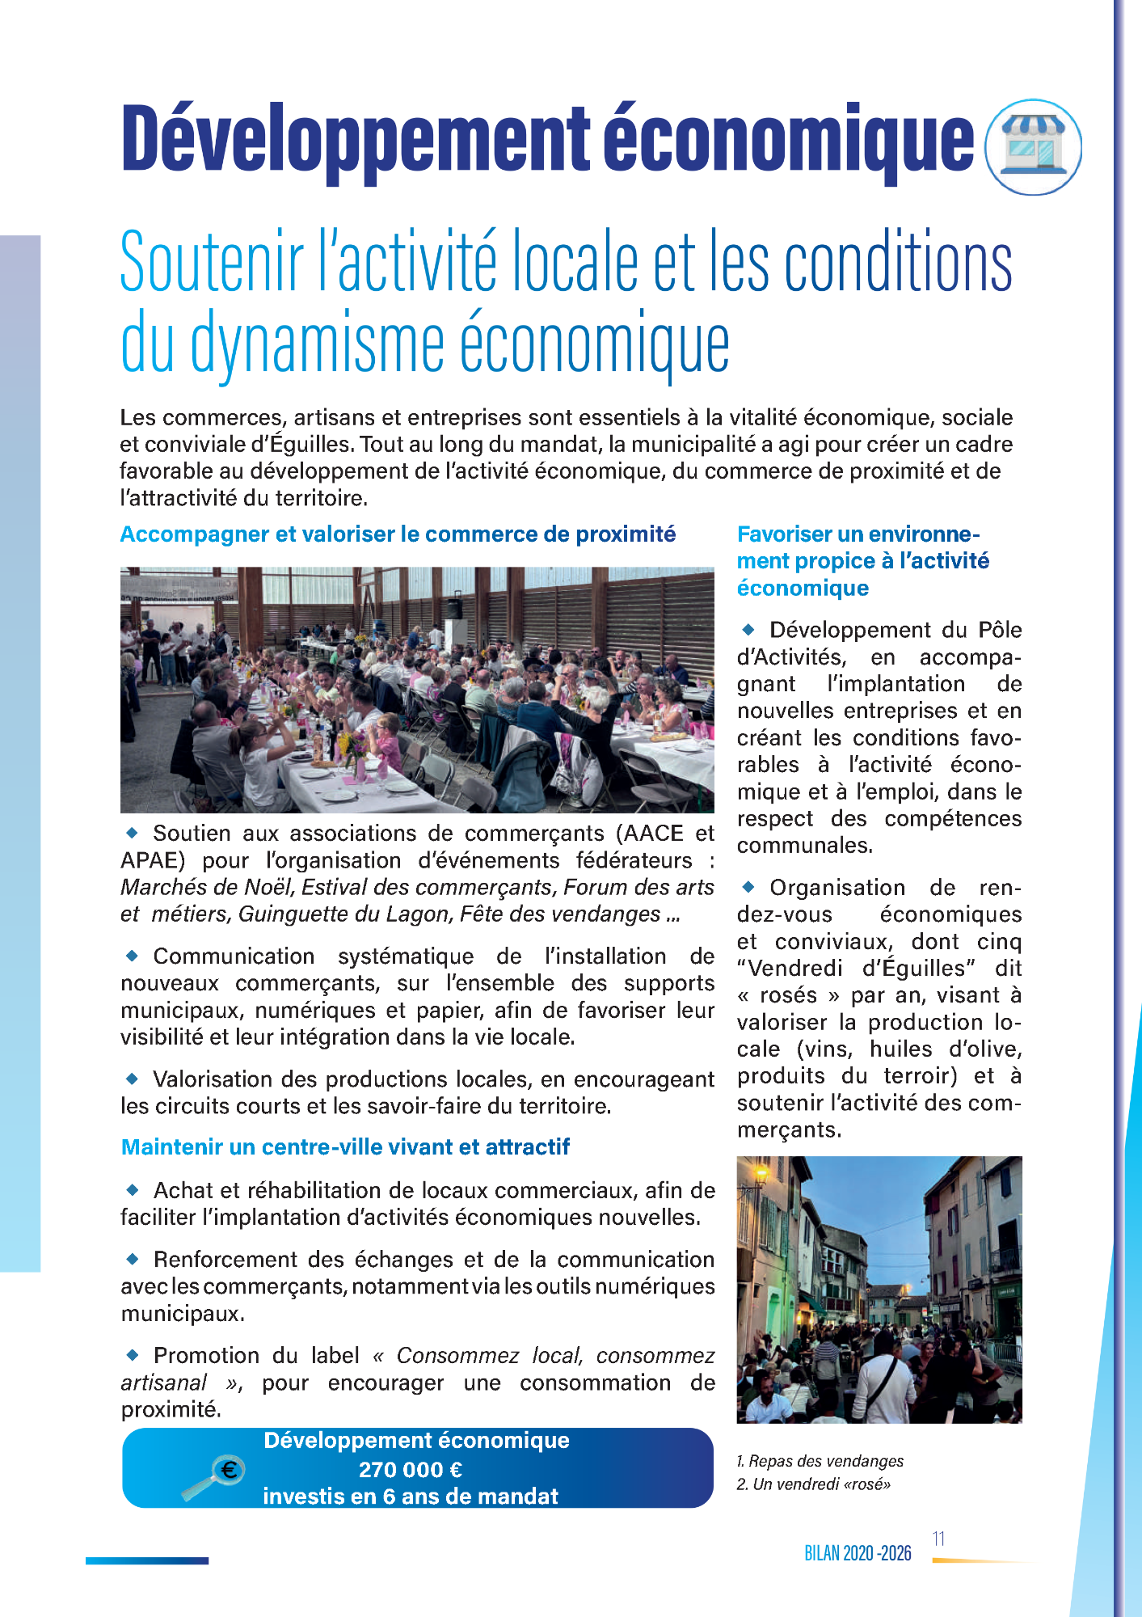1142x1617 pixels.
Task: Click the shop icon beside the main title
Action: point(1033,147)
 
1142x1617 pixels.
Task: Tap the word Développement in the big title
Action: point(356,139)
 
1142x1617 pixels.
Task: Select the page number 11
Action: point(938,1539)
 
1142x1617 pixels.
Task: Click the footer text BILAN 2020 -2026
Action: point(858,1553)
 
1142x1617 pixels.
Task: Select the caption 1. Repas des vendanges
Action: point(820,1461)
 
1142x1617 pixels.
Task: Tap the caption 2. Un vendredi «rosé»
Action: point(814,1484)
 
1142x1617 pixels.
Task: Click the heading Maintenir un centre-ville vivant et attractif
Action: point(345,1147)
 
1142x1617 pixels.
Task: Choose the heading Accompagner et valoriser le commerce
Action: point(398,534)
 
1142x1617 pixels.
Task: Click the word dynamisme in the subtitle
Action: point(318,343)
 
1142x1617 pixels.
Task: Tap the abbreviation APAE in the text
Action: point(153,860)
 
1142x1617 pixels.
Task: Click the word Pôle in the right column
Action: point(1000,631)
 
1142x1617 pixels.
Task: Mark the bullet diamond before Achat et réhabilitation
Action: point(133,1189)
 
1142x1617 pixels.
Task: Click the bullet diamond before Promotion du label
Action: point(133,1354)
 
